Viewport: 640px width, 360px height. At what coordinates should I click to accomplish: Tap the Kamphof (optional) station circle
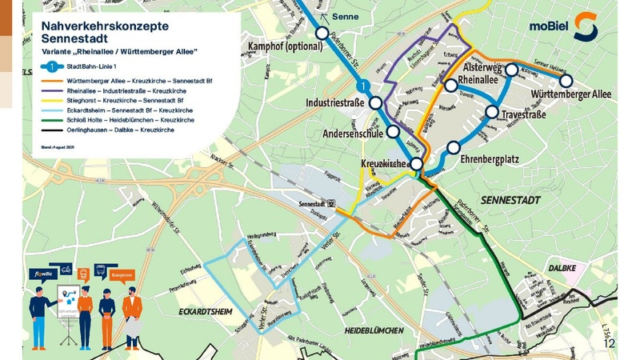322,34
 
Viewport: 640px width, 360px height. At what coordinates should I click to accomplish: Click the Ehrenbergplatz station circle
454,147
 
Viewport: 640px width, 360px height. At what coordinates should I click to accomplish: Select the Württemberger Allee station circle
566,81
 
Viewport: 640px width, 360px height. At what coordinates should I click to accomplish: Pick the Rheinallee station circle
452,86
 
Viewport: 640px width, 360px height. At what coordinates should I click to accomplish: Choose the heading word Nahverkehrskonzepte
105,26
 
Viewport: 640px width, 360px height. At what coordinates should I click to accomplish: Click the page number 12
610,342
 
